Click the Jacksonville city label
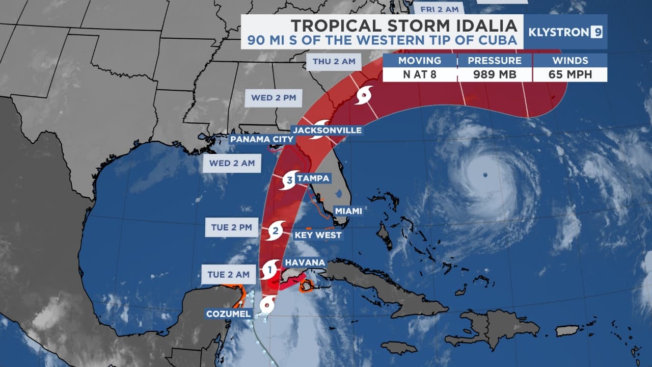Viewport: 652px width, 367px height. [x=327, y=130]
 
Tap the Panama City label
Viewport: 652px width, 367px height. [x=262, y=139]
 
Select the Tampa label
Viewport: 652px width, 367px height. [x=313, y=178]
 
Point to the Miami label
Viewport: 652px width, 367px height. [x=348, y=211]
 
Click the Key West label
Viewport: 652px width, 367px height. [x=318, y=235]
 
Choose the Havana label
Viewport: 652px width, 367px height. [x=305, y=262]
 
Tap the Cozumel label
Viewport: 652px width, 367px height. [x=229, y=313]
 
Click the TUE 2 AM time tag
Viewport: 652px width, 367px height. [x=228, y=274]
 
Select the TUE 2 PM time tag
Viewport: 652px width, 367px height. [x=232, y=227]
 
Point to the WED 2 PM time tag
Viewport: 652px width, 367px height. [x=274, y=97]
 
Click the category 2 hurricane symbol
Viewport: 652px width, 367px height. [x=276, y=231]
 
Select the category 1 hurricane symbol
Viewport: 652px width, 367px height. [x=270, y=268]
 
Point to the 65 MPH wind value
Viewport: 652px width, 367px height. [x=570, y=74]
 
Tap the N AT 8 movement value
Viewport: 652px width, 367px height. [x=420, y=74]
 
